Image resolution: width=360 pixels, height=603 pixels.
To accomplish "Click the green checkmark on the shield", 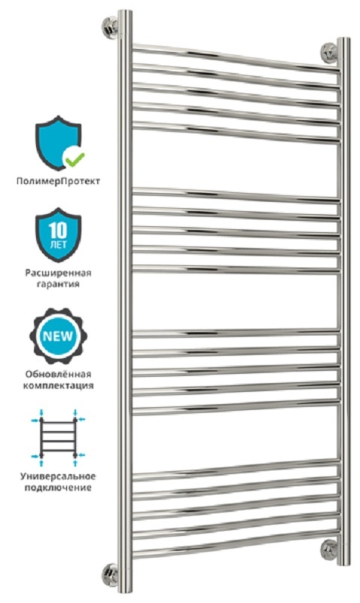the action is click(x=75, y=158).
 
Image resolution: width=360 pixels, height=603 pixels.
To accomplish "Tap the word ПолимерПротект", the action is click(x=58, y=181).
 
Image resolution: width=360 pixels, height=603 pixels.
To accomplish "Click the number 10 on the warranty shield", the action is click(x=58, y=231).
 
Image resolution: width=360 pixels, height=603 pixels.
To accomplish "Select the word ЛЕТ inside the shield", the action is click(x=59, y=244).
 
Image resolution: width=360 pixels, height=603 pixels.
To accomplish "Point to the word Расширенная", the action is click(x=59, y=273).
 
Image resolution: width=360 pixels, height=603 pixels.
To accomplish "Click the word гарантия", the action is click(x=59, y=284).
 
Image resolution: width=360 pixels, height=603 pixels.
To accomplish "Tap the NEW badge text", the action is click(x=58, y=336).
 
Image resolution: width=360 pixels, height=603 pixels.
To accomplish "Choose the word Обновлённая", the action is click(x=59, y=374).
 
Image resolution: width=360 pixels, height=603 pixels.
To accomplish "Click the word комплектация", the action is click(x=59, y=385).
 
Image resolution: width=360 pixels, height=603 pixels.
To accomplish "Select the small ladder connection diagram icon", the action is click(x=59, y=438).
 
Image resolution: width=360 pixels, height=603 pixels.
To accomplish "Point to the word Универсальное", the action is click(x=59, y=476).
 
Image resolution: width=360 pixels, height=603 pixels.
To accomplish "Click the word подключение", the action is click(x=59, y=488).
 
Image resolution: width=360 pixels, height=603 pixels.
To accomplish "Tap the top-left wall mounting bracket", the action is click(x=110, y=28).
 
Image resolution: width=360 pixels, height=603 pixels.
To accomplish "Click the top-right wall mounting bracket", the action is click(x=330, y=53).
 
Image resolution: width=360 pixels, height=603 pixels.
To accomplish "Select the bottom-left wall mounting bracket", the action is click(x=110, y=575).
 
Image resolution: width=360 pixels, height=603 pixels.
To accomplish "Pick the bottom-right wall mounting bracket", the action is click(x=330, y=549).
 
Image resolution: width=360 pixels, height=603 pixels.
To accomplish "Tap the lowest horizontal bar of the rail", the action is click(x=236, y=543).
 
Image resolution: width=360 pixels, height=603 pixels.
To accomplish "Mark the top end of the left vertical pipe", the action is click(x=125, y=11).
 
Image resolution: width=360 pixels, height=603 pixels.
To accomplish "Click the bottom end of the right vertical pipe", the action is click(x=343, y=563).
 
